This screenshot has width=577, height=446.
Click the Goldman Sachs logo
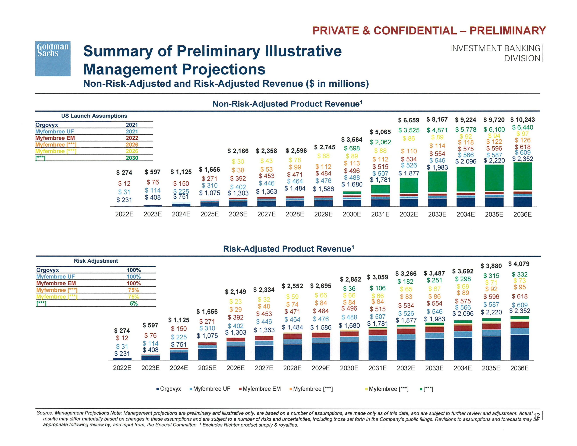pos(53,58)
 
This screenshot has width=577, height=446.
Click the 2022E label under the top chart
pos(124,214)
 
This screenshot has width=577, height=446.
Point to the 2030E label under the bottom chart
pos(349,368)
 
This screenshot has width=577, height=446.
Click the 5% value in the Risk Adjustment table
pos(134,303)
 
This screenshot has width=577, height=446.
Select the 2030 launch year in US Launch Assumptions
pos(132,158)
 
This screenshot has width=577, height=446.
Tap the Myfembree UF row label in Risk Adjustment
pos(55,277)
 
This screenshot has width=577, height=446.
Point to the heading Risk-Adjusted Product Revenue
pos(288,249)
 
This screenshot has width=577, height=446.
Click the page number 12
pos(536,416)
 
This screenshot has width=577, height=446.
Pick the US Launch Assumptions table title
pos(94,116)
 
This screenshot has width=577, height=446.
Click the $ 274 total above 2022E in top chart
pos(124,172)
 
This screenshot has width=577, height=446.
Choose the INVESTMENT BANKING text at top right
pos(495,48)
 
